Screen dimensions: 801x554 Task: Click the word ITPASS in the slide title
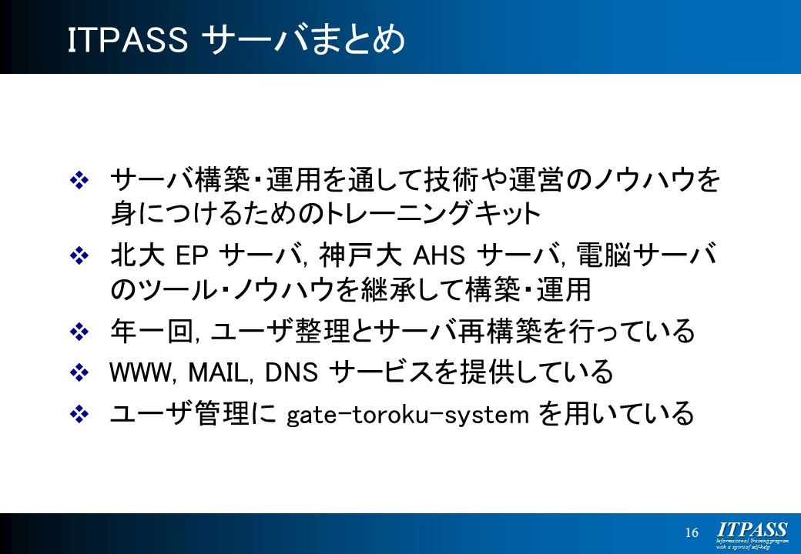(x=128, y=40)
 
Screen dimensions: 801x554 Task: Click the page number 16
(x=692, y=532)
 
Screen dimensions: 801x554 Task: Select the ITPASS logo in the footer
(x=752, y=535)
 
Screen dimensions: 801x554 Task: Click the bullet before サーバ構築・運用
(x=79, y=181)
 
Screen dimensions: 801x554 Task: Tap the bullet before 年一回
(x=79, y=332)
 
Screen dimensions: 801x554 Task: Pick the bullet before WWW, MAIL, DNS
(x=79, y=372)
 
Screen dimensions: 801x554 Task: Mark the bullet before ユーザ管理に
(x=79, y=414)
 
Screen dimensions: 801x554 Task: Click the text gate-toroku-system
(x=407, y=415)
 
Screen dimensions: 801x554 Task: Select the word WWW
(x=140, y=372)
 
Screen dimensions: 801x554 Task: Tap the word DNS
(x=290, y=372)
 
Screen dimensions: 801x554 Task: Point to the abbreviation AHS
(x=439, y=255)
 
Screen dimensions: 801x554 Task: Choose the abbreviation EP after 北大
(x=192, y=255)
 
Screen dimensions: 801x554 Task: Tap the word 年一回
(x=151, y=332)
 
